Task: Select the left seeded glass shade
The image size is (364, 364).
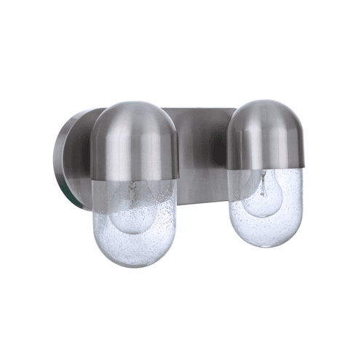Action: click(x=135, y=218)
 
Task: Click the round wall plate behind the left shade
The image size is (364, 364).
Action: click(x=69, y=157)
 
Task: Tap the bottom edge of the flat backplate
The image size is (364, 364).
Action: click(x=200, y=202)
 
